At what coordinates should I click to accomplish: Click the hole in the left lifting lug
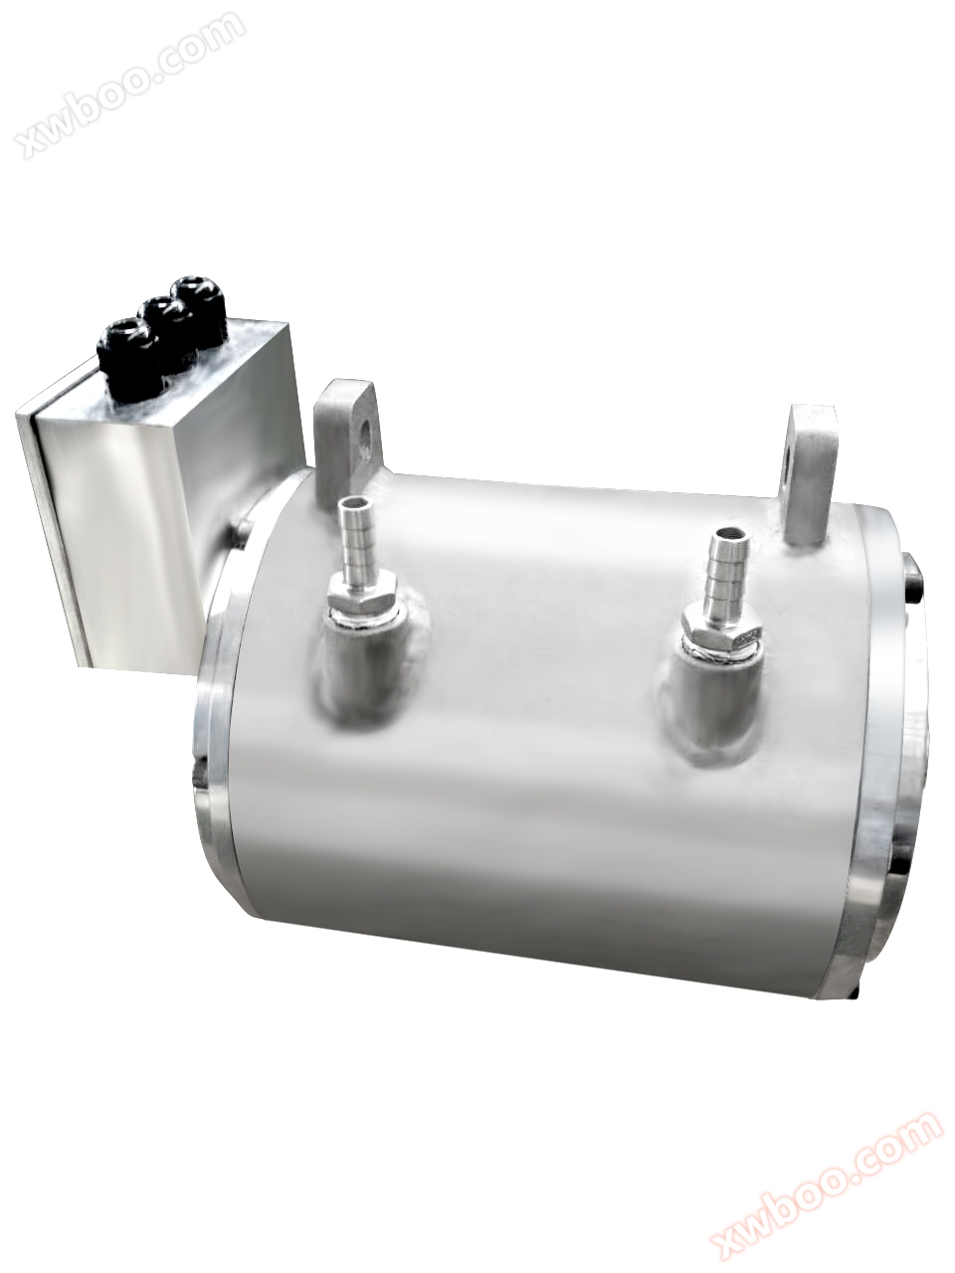369,434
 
